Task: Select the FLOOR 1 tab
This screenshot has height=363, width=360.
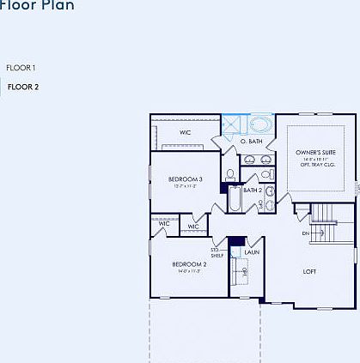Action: tap(21, 67)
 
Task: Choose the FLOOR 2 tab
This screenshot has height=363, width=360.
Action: tap(23, 87)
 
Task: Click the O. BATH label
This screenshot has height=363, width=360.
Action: tap(250, 141)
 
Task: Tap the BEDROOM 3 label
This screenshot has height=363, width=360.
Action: tap(185, 178)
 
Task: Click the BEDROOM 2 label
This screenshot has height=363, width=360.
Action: tap(189, 263)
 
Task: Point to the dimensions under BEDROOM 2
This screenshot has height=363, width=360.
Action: tap(189, 270)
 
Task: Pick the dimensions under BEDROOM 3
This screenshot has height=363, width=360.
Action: tap(185, 185)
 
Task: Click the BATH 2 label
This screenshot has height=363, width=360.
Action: tap(253, 190)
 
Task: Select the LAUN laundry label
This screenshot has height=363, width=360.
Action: tap(252, 252)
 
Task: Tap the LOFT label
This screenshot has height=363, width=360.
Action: tap(309, 271)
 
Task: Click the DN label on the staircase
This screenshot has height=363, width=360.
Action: tap(305, 233)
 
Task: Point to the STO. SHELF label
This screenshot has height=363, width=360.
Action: tap(217, 252)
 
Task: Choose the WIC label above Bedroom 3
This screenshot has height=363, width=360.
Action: tap(185, 133)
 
